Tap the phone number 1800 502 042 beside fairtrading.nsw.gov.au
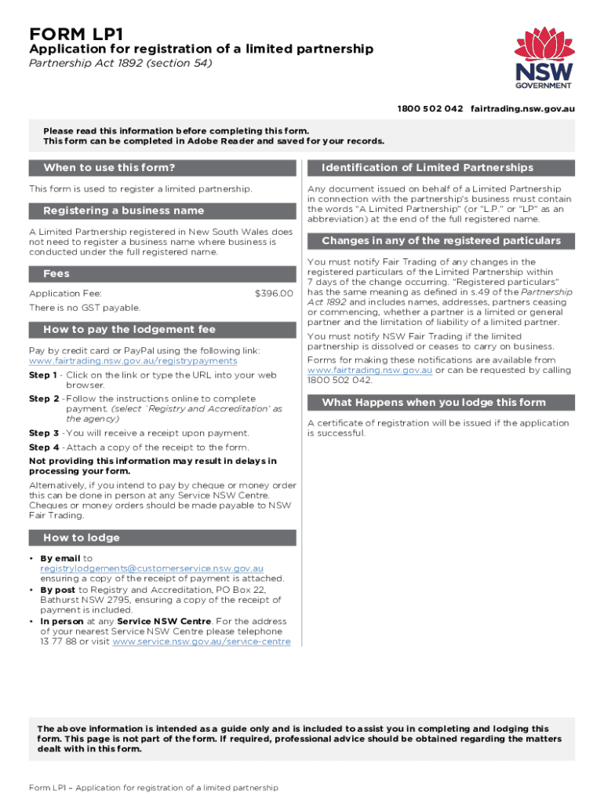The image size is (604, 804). tap(430, 108)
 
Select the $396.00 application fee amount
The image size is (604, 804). tap(274, 294)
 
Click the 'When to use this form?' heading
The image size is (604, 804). tap(109, 167)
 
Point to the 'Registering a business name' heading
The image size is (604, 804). tap(123, 210)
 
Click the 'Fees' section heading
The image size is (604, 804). tap(56, 273)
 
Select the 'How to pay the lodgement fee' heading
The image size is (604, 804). tap(129, 329)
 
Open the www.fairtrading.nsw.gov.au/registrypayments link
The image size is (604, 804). tap(133, 361)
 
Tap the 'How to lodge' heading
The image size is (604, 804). tap(82, 538)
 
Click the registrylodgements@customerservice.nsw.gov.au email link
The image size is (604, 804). tap(151, 568)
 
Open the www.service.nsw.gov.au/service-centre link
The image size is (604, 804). tap(202, 641)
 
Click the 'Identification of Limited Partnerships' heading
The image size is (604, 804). tap(428, 167)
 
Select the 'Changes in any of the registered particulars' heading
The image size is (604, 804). tap(441, 241)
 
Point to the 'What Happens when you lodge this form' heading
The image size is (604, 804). tap(433, 403)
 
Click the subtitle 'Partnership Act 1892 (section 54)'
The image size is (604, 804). tap(120, 64)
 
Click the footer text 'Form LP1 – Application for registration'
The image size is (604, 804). tap(153, 788)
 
